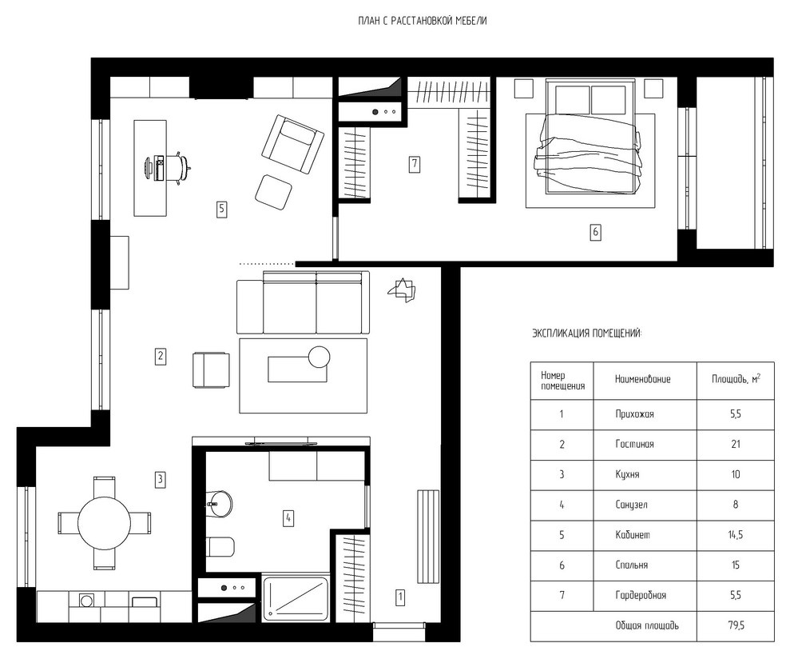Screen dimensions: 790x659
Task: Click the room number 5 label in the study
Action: click(x=222, y=209)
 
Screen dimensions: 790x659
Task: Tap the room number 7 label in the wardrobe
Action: click(x=414, y=163)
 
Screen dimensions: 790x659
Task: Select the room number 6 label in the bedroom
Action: click(x=596, y=232)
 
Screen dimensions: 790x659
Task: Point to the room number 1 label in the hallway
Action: click(x=400, y=597)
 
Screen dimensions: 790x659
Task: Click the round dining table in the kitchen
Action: click(x=105, y=523)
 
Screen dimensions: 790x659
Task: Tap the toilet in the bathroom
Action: click(x=220, y=546)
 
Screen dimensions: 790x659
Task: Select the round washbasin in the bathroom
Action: click(x=219, y=503)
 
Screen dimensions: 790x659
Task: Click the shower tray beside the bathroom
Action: click(x=296, y=597)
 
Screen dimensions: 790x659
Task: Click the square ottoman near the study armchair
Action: click(x=273, y=193)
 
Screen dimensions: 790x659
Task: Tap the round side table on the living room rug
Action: click(x=319, y=357)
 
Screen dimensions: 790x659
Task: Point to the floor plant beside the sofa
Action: click(x=402, y=290)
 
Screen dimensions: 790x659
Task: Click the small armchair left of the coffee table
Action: click(x=211, y=370)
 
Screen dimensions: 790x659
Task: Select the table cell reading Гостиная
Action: click(x=634, y=445)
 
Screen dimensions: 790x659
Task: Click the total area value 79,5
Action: click(x=736, y=625)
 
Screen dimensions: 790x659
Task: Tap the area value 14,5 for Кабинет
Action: click(x=736, y=535)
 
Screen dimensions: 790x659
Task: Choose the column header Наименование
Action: click(x=642, y=379)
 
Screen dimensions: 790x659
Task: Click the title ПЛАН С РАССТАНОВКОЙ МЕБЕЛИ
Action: click(x=423, y=21)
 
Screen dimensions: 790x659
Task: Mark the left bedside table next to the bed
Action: click(x=523, y=88)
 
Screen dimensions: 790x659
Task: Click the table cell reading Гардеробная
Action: click(x=641, y=596)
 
